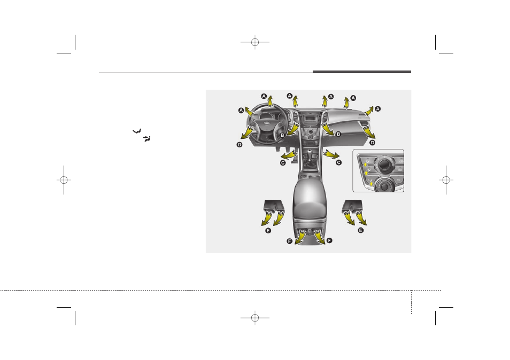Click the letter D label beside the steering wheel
tap(239, 145)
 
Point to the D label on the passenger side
tap(373, 142)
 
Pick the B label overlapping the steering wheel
tap(282, 135)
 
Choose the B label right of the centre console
tap(338, 134)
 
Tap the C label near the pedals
tap(283, 163)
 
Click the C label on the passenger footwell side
tap(338, 162)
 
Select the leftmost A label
tap(241, 111)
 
